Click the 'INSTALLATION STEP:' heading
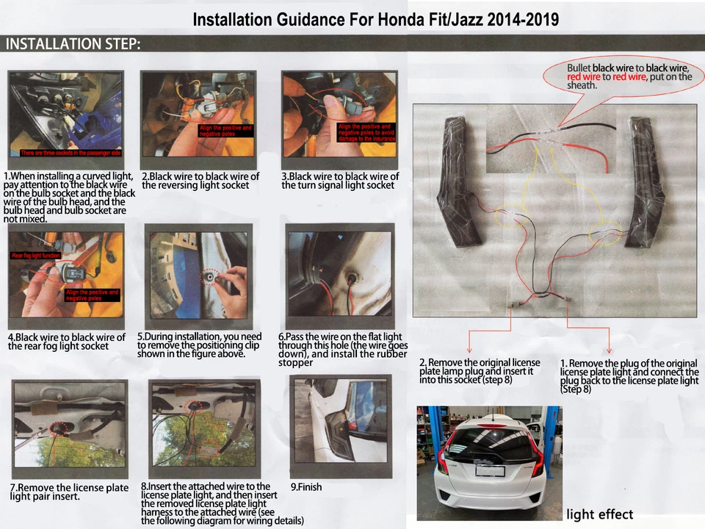73,44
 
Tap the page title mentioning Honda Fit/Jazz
375,19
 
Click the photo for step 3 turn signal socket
340,114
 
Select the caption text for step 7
69,492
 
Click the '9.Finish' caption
306,486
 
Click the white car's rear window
491,446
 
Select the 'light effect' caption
599,514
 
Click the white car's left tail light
443,460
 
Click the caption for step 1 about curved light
69,197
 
